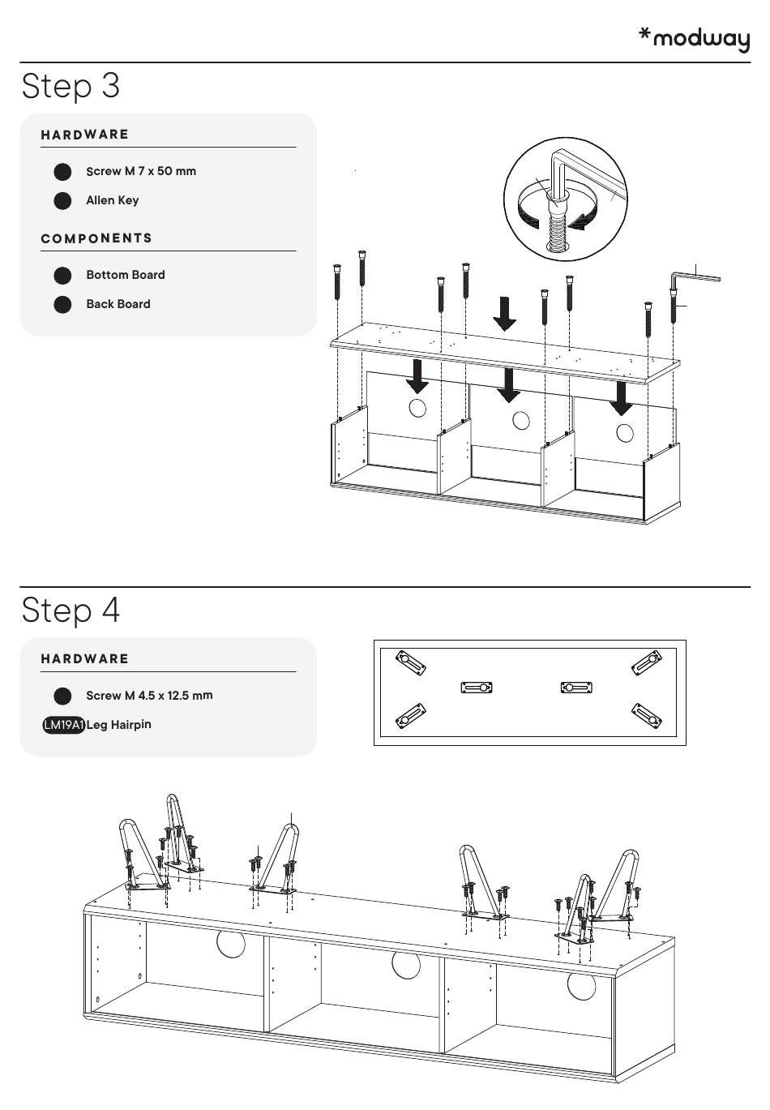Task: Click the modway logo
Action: (694, 39)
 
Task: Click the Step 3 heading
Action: (71, 87)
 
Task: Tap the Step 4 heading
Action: (71, 610)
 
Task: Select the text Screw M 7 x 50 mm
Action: (141, 171)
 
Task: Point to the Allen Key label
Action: (113, 201)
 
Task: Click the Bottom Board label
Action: (126, 275)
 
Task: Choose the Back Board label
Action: (118, 304)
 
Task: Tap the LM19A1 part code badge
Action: (64, 725)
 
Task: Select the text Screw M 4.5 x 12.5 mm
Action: (149, 696)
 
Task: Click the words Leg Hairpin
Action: (119, 725)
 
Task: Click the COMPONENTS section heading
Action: (96, 238)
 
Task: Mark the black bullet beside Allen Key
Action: (62, 201)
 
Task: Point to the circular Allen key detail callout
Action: (566, 199)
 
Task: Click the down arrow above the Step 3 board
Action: (504, 314)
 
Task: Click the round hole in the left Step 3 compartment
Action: (417, 408)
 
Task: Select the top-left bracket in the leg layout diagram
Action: (411, 663)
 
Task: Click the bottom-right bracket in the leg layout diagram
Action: (647, 716)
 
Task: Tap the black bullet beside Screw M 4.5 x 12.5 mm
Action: (62, 696)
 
